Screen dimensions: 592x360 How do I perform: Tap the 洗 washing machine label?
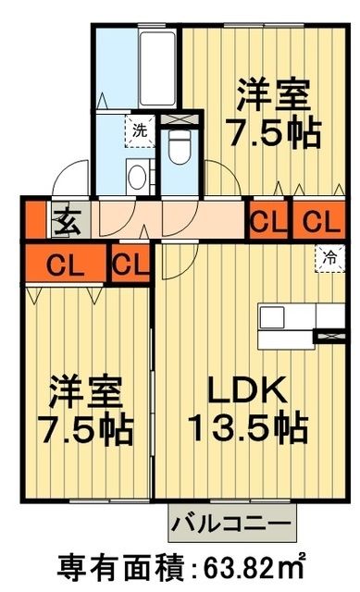139,130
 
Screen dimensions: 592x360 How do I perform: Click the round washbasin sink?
139,177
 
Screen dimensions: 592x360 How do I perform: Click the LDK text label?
244,393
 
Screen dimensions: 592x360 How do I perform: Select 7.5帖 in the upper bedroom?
274,131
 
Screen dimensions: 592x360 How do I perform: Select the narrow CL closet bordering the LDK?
130,265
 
